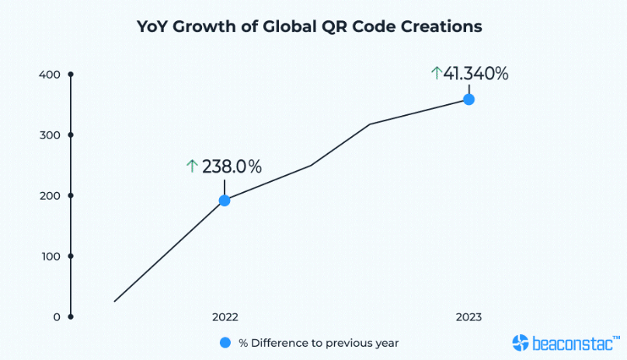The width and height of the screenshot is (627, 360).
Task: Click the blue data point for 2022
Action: pyautogui.click(x=225, y=200)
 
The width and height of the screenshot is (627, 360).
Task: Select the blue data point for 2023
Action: pyautogui.click(x=469, y=100)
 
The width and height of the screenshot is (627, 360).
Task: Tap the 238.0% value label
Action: pyautogui.click(x=232, y=166)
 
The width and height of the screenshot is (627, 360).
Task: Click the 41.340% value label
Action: pyautogui.click(x=475, y=74)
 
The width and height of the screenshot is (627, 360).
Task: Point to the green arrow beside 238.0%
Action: pyautogui.click(x=192, y=166)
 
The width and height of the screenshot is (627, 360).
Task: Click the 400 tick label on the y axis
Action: pyautogui.click(x=49, y=75)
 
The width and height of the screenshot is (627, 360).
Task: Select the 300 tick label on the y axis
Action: pyautogui.click(x=49, y=135)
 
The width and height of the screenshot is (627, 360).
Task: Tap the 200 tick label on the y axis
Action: pyautogui.click(x=49, y=196)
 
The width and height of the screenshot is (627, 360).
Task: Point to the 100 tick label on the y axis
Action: pyautogui.click(x=49, y=256)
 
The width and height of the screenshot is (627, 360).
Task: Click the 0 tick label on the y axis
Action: pyautogui.click(x=56, y=316)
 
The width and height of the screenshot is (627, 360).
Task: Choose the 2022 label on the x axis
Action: pyautogui.click(x=225, y=317)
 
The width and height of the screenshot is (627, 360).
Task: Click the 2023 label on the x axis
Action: pyautogui.click(x=469, y=317)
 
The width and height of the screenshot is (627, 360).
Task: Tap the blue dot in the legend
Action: pyautogui.click(x=225, y=342)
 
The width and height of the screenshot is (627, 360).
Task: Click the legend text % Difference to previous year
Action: pyautogui.click(x=319, y=342)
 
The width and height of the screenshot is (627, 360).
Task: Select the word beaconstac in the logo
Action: pyautogui.click(x=573, y=342)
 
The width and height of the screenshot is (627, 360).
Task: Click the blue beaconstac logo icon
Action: pyautogui.click(x=521, y=342)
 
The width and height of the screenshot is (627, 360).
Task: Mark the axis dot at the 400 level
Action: pyautogui.click(x=71, y=75)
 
